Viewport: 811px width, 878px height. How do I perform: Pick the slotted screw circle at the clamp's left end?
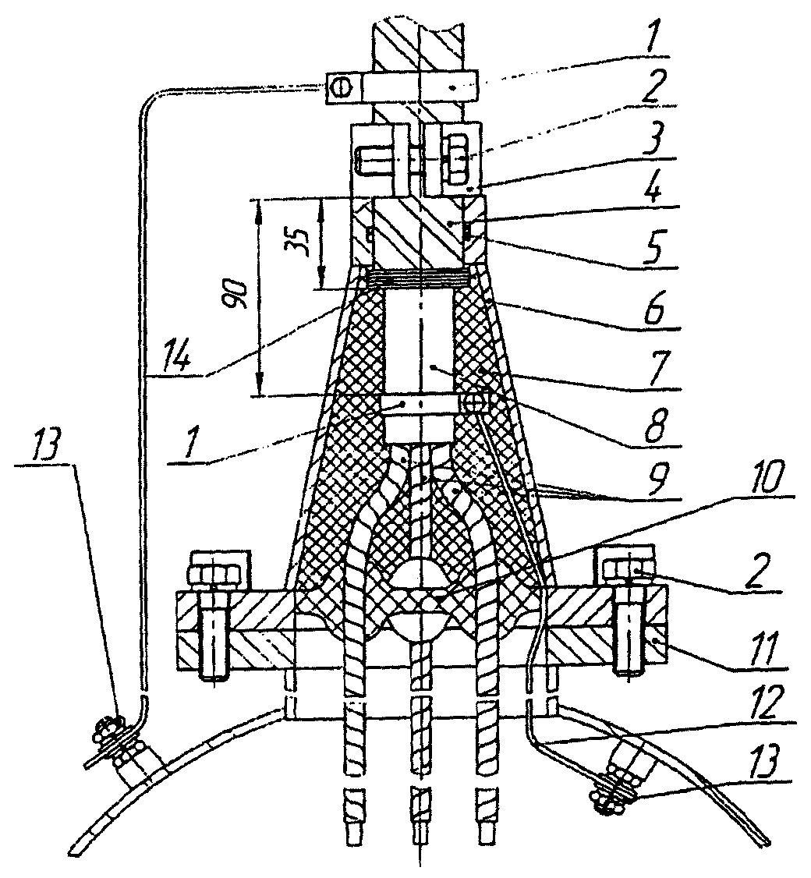click(337, 87)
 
